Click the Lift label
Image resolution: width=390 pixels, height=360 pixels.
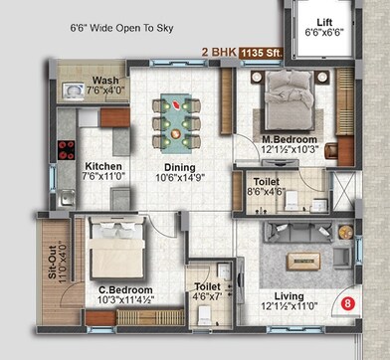(325, 21)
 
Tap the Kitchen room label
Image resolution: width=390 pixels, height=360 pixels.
(103, 166)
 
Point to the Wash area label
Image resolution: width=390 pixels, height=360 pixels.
(105, 81)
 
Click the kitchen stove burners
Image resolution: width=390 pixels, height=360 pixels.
(68, 151)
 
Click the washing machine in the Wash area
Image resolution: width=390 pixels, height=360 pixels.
(73, 90)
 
